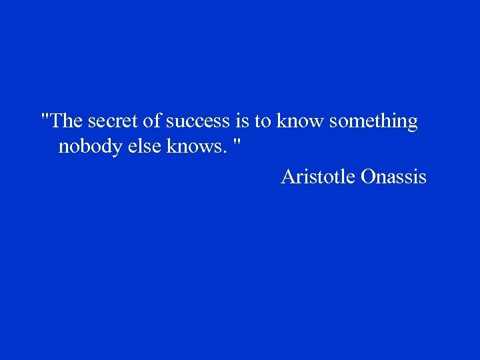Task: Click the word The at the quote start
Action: click(67, 121)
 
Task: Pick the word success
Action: click(198, 121)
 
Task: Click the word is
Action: click(242, 121)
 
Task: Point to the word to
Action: click(263, 121)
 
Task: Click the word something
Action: click(373, 123)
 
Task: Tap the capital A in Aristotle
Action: click(288, 177)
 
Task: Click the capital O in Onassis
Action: click(368, 177)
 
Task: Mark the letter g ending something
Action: click(412, 124)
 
